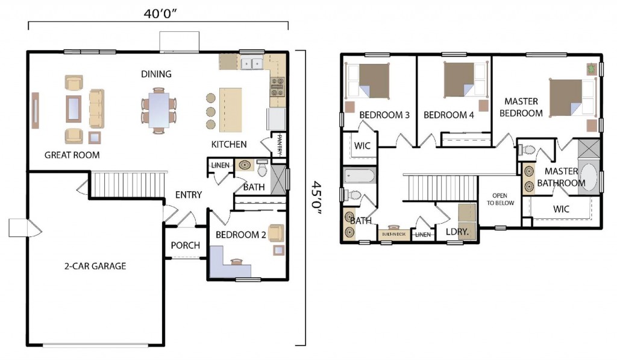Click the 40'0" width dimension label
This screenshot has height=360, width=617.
pyautogui.click(x=160, y=14)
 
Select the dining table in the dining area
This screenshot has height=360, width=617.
pyautogui.click(x=159, y=110)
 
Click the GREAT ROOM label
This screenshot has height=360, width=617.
pyautogui.click(x=72, y=155)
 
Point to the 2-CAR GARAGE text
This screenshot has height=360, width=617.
pyautogui.click(x=95, y=266)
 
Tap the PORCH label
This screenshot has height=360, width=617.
pyautogui.click(x=186, y=245)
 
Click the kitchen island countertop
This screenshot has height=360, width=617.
pyautogui.click(x=231, y=110)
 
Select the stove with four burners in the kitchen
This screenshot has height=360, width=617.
pyautogui.click(x=277, y=87)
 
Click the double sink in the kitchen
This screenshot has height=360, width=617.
pyautogui.click(x=252, y=63)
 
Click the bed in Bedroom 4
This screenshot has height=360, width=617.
pyautogui.click(x=466, y=80)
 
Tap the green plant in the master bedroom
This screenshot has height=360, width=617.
pyautogui.click(x=590, y=69)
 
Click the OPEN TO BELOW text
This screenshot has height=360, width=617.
pyautogui.click(x=500, y=199)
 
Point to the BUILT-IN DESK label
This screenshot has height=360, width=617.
pyautogui.click(x=393, y=235)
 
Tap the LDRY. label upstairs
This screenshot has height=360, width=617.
pyautogui.click(x=457, y=232)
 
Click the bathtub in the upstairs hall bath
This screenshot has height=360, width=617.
pyautogui.click(x=360, y=175)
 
